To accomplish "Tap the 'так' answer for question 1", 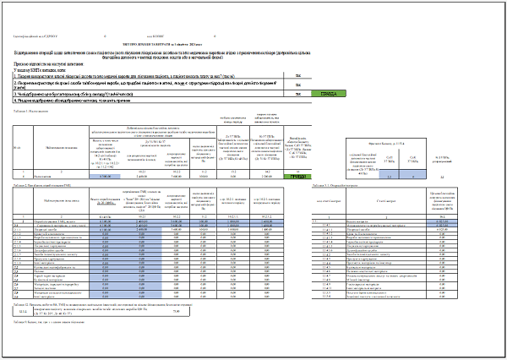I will pyautogui.click(x=297, y=74).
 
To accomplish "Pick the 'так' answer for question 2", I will pyautogui.click(x=297, y=85).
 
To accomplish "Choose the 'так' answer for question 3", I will pyautogui.click(x=297, y=93).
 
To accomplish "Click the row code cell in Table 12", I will pyautogui.click(x=20, y=313).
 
